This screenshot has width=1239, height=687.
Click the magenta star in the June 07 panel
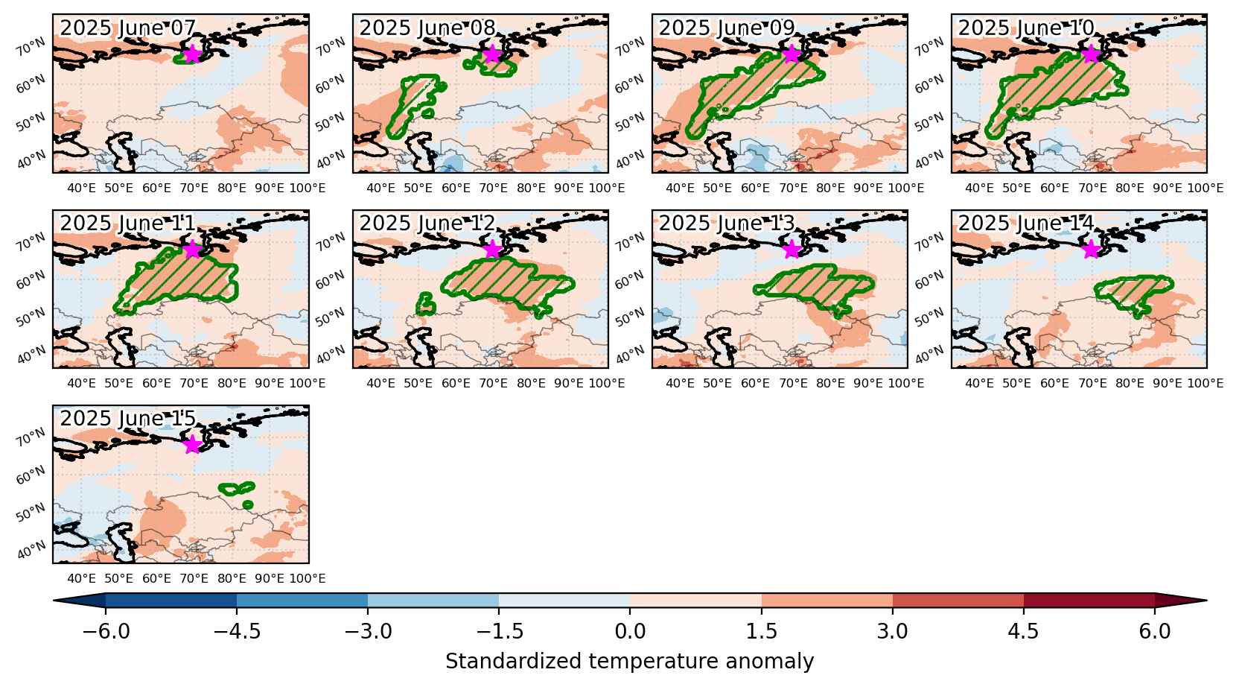pyautogui.click(x=192, y=54)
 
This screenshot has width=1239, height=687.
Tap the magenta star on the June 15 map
pyautogui.click(x=192, y=445)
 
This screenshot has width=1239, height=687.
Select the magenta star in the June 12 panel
pyautogui.click(x=492, y=250)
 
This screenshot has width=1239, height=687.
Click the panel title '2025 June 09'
pyautogui.click(x=727, y=28)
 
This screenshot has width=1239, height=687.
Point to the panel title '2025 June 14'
pyautogui.click(x=1026, y=223)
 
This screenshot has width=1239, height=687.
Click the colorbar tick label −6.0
pyautogui.click(x=106, y=630)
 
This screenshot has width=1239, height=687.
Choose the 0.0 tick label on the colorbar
pyautogui.click(x=630, y=630)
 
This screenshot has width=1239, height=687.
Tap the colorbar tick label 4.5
pyautogui.click(x=1023, y=630)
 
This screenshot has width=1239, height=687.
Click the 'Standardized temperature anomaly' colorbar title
pyautogui.click(x=629, y=662)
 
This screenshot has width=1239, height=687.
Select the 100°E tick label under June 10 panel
pyautogui.click(x=1205, y=189)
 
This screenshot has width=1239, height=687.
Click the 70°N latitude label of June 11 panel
pyautogui.click(x=31, y=242)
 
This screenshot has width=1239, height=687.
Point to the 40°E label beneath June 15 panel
pyautogui.click(x=81, y=579)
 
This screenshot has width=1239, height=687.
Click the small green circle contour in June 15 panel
pyautogui.click(x=247, y=505)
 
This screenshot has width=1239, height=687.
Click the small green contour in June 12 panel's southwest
pyautogui.click(x=425, y=304)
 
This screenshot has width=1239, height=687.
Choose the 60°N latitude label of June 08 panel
pyautogui.click(x=330, y=83)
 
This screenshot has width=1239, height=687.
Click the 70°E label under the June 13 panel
pyautogui.click(x=793, y=384)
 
